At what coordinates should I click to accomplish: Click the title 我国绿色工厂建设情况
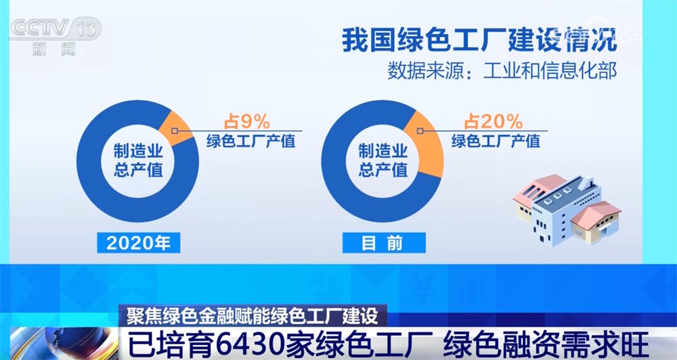pyautogui.click(x=479, y=39)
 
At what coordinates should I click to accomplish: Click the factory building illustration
pyautogui.click(x=565, y=206)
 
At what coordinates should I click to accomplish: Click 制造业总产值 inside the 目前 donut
pyautogui.click(x=383, y=160)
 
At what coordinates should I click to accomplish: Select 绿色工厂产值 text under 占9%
pyautogui.click(x=250, y=142)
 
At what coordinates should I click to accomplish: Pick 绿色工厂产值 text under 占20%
pyautogui.click(x=495, y=142)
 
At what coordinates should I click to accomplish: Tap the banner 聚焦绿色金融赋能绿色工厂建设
pyautogui.click(x=252, y=315)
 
